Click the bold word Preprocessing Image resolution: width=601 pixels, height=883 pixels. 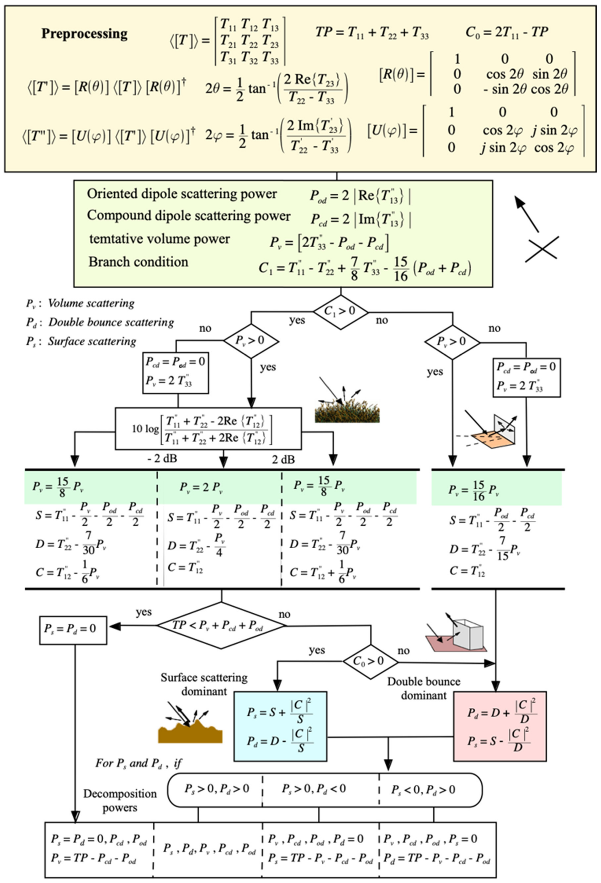coord(84,33)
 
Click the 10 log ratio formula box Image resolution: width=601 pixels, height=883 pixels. coord(208,429)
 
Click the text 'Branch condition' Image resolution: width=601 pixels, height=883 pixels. coord(138,262)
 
